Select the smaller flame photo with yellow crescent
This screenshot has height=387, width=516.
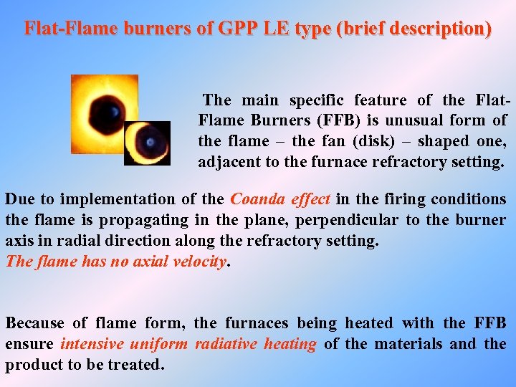tap(148, 143)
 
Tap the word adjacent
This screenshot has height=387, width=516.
tap(229, 162)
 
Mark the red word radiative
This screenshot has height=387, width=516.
tap(226, 344)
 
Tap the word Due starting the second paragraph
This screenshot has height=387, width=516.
tap(19, 199)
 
